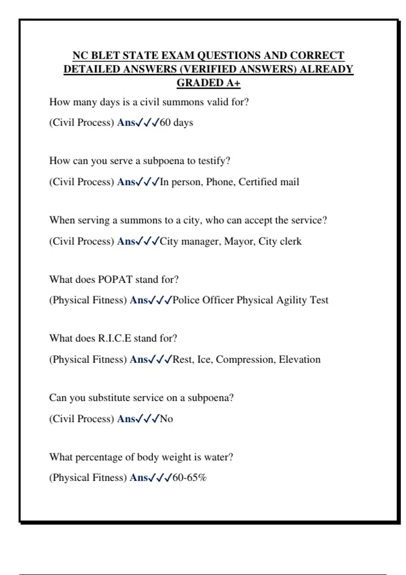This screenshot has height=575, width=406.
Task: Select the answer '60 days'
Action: (x=176, y=122)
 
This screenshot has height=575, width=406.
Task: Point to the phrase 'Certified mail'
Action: (x=269, y=182)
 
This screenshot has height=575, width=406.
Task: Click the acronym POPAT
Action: (x=115, y=280)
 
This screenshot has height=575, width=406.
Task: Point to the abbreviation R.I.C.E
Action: (x=114, y=339)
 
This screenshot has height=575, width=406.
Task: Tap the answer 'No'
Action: (x=166, y=419)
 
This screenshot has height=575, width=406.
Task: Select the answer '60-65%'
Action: (x=189, y=478)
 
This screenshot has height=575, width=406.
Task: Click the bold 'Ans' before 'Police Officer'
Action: (x=139, y=300)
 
